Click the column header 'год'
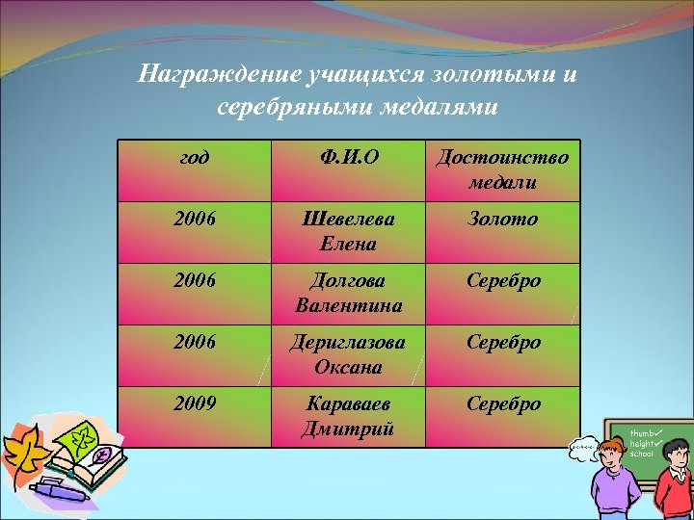click(195, 157)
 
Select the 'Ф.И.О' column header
click(346, 157)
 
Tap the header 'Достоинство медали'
click(502, 169)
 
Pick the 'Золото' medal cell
click(502, 220)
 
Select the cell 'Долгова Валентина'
click(346, 294)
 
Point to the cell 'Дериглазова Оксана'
click(346, 354)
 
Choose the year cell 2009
click(195, 403)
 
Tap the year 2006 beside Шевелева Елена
click(195, 220)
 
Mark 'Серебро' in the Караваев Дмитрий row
click(502, 403)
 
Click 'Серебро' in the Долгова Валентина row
click(502, 281)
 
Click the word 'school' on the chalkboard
click(642, 453)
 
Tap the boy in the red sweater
click(675, 477)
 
